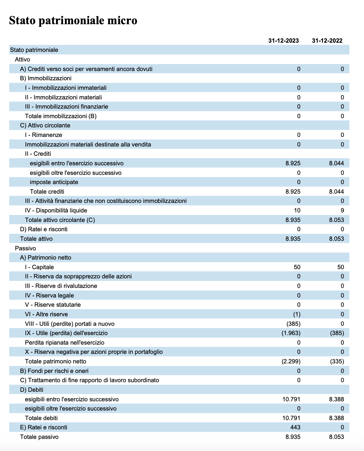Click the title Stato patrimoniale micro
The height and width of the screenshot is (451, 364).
pyautogui.click(x=73, y=20)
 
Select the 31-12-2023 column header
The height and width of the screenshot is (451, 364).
pyautogui.click(x=283, y=40)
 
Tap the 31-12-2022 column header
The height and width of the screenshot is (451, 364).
pyautogui.click(x=327, y=40)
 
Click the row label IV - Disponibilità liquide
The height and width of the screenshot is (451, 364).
pyautogui.click(x=56, y=211)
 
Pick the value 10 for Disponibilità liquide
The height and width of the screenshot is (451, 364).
pyautogui.click(x=297, y=211)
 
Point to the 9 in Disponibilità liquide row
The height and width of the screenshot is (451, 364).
pyautogui.click(x=342, y=211)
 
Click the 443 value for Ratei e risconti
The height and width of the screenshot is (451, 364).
pyautogui.click(x=295, y=427)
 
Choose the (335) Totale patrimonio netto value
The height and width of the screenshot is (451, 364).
pyautogui.click(x=337, y=362)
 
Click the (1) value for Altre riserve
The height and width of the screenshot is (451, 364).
pyautogui.click(x=297, y=314)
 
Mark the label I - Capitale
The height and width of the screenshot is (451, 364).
pyautogui.click(x=39, y=267)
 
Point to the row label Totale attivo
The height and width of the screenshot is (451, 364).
pyautogui.click(x=36, y=239)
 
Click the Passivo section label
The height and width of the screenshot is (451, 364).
pyautogui.click(x=25, y=248)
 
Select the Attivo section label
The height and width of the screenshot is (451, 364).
pyautogui.click(x=23, y=60)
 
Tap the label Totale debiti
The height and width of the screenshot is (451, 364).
pyautogui.click(x=41, y=418)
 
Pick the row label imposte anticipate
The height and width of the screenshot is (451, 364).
pyautogui.click(x=54, y=182)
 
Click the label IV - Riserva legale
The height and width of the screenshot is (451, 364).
pyautogui.click(x=49, y=296)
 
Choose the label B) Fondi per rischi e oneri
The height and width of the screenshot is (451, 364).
pyautogui.click(x=54, y=371)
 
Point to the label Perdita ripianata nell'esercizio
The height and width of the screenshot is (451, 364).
pyautogui.click(x=65, y=343)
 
